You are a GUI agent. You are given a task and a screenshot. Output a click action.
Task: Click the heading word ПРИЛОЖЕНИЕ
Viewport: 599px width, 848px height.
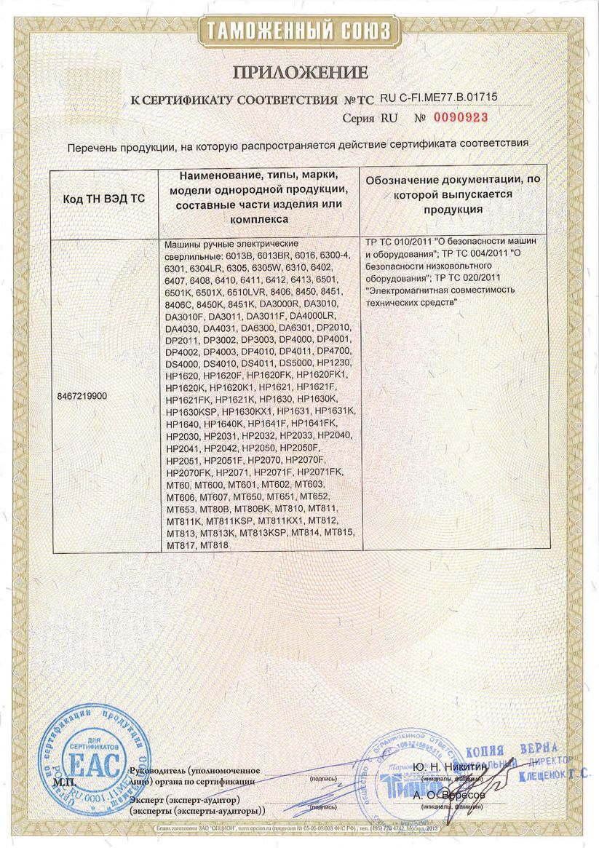(300, 72)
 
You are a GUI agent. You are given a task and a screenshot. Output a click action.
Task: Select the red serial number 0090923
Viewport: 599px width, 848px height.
(459, 117)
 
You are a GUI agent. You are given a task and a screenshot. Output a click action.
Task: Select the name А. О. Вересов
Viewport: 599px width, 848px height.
(449, 795)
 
